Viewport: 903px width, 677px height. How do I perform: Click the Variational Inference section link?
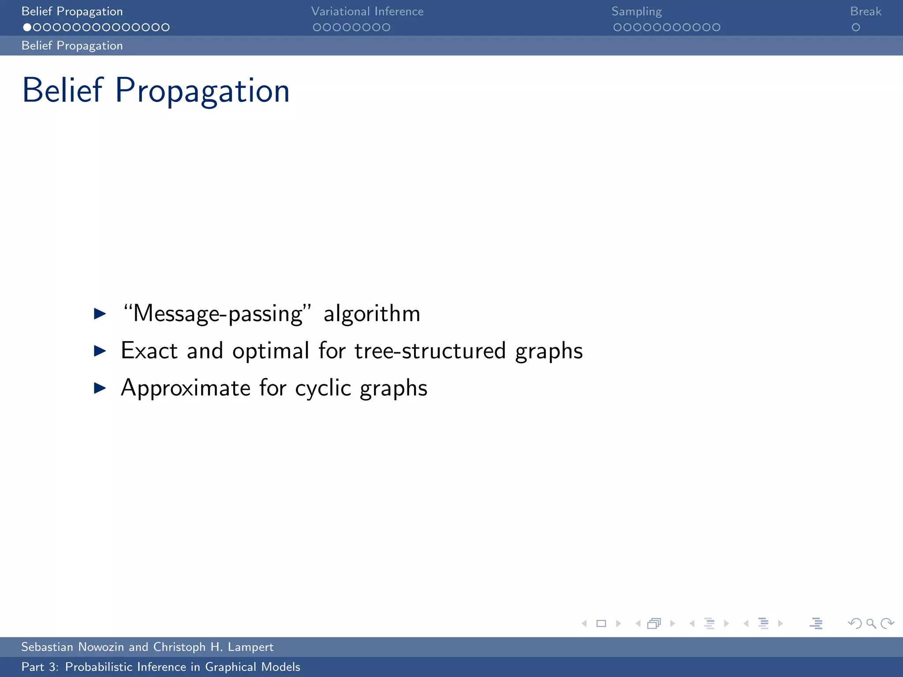click(367, 11)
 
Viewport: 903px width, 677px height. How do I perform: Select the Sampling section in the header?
click(636, 11)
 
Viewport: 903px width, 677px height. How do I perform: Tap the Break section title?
click(866, 11)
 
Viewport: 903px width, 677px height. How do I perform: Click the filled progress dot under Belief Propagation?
click(27, 27)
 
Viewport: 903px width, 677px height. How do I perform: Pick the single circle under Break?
click(856, 27)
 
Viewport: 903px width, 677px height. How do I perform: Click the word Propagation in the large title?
click(202, 91)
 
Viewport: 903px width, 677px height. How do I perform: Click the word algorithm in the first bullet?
click(372, 314)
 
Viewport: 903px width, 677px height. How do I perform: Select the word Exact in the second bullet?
click(149, 351)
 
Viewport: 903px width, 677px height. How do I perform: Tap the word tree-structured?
click(430, 351)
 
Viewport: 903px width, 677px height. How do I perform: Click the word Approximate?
click(186, 388)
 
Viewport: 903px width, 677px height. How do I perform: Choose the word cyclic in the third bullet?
click(323, 388)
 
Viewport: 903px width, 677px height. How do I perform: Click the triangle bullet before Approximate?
click(100, 388)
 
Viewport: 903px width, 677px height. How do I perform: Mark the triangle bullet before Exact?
click(100, 351)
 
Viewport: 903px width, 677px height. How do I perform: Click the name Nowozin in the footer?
click(101, 647)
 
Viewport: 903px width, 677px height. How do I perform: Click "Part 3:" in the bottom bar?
click(40, 667)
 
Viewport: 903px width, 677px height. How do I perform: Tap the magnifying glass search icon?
click(871, 623)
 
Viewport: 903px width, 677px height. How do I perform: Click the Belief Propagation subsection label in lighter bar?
click(72, 46)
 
